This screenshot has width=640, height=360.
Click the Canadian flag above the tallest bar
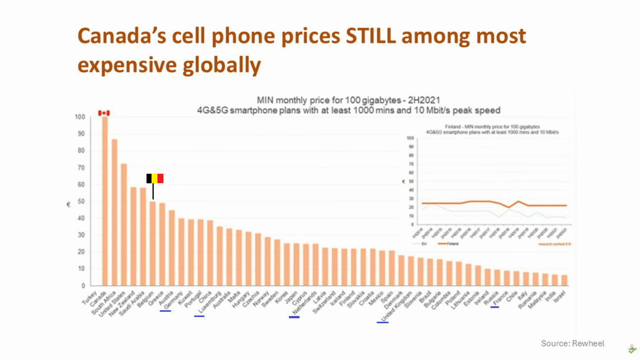coord(104,113)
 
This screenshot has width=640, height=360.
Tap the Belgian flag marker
coord(155,178)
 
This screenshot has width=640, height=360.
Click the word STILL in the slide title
coord(370,36)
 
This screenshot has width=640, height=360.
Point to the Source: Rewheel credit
coord(572,343)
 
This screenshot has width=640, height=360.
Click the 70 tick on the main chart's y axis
coord(80,167)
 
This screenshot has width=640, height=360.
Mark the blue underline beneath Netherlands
coord(294,317)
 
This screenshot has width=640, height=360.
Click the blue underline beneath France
coord(495,307)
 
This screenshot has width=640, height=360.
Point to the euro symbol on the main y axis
coord(68,204)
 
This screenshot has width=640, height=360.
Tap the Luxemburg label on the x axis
coord(209,302)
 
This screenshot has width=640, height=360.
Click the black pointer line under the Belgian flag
coord(153,191)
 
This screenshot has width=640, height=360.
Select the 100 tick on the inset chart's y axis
coord(410,138)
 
